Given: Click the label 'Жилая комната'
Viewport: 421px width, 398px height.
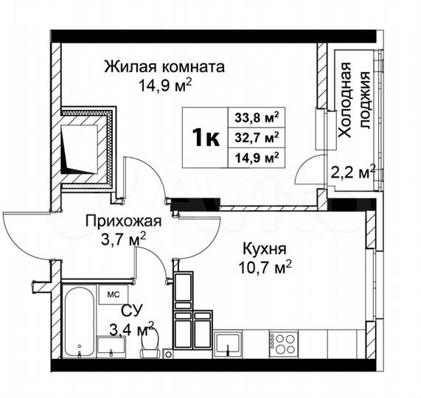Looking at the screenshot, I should coord(164,67).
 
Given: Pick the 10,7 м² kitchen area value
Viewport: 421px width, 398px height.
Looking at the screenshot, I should coord(268,266).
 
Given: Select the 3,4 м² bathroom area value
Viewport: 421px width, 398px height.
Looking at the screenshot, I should coord(131,325).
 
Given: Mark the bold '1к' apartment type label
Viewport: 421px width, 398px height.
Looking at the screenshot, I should coord(205,137).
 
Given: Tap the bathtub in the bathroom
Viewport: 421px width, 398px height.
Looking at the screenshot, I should coord(78,321).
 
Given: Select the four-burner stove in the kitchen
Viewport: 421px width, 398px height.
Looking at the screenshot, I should coord(283,343).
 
